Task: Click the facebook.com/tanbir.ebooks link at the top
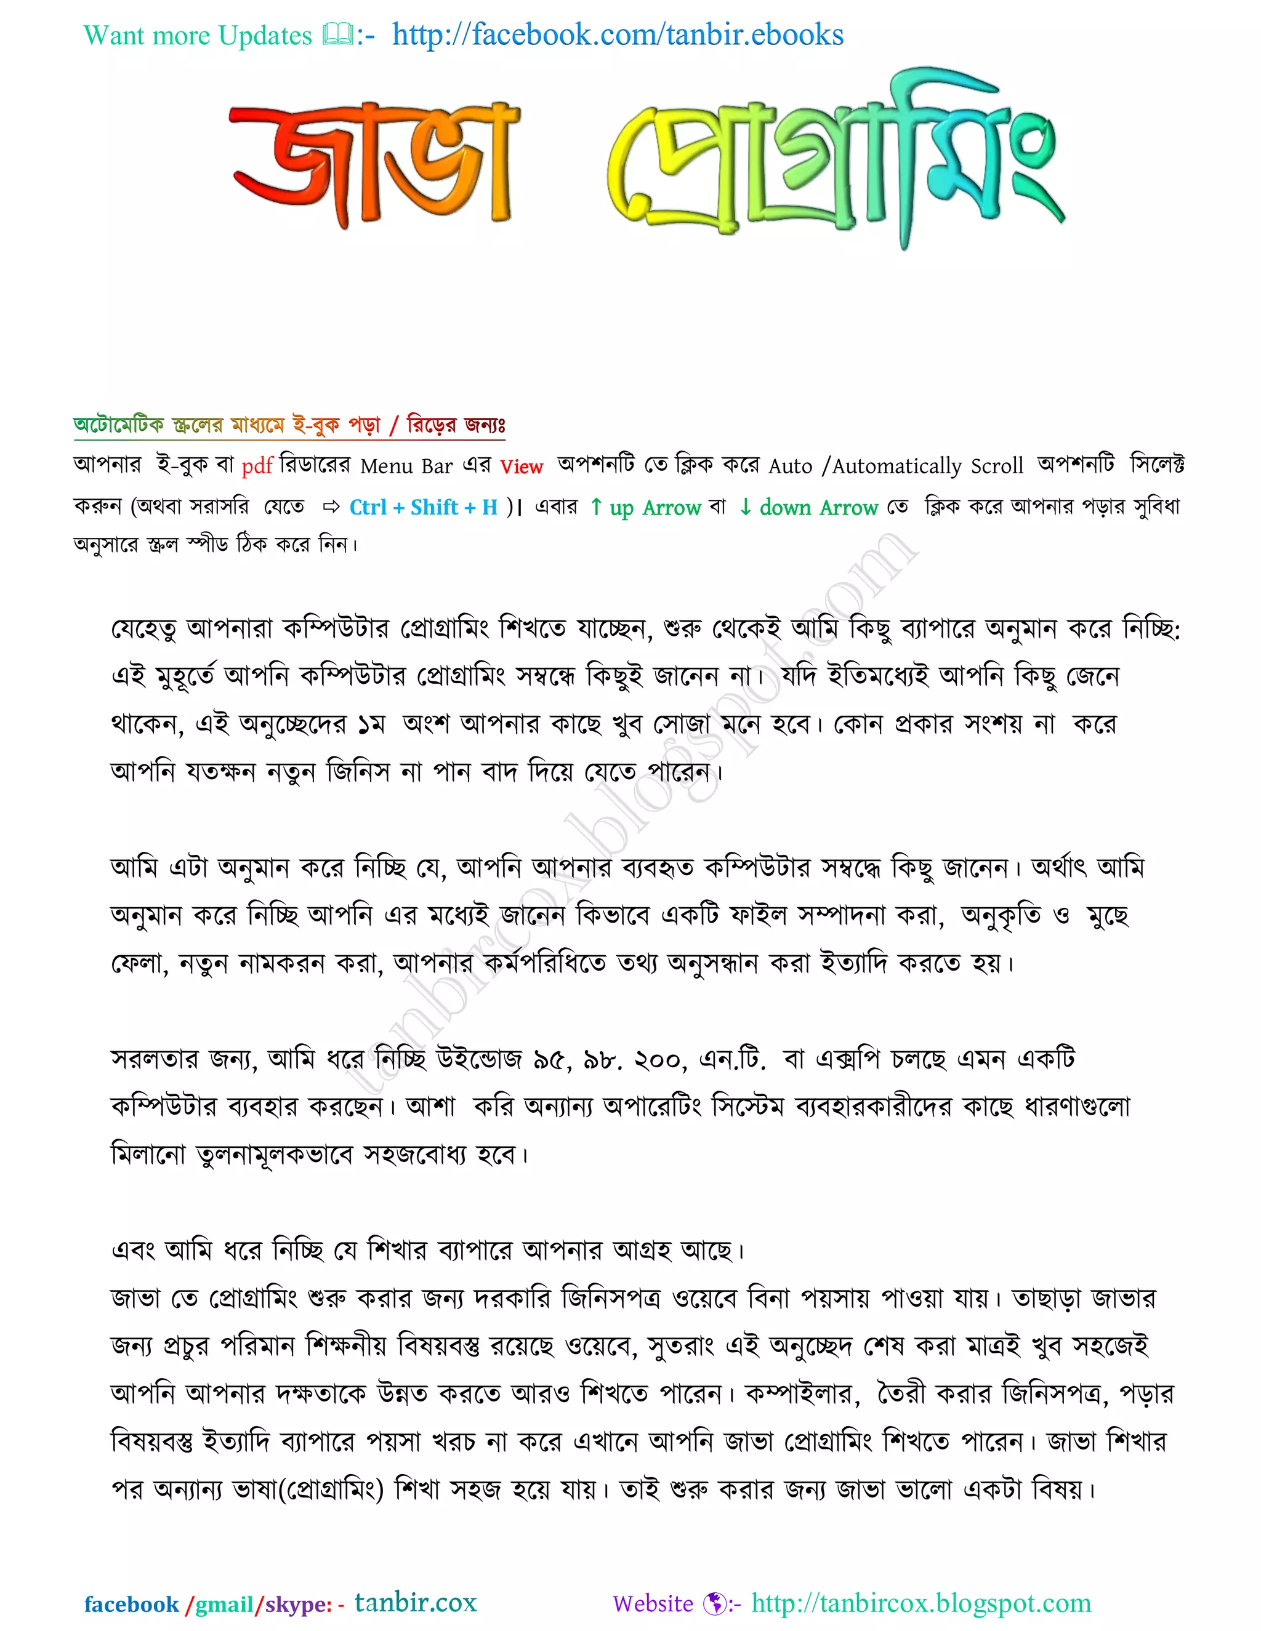[x=618, y=35]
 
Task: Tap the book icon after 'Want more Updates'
[x=337, y=34]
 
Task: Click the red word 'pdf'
[x=257, y=466]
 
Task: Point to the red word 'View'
[x=521, y=467]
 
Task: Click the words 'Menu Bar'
[x=406, y=466]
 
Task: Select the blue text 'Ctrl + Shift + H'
[x=424, y=508]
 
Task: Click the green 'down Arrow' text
[x=817, y=508]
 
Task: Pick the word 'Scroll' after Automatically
[x=997, y=466]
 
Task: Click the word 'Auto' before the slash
[x=791, y=466]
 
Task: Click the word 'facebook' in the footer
[x=132, y=1604]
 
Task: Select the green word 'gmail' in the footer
[x=224, y=1604]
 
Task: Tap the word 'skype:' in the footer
[x=298, y=1604]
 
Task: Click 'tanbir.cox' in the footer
[x=416, y=1602]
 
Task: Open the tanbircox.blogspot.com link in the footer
[x=921, y=1603]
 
